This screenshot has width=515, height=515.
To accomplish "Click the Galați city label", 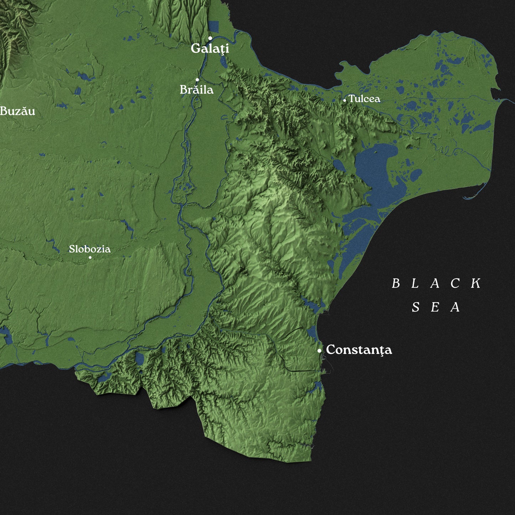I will pos(210,48).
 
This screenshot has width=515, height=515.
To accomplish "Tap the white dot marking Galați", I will pos(210,38).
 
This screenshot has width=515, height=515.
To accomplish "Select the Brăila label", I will pos(196,89).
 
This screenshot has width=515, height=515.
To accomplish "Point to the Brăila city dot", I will pos(197,79).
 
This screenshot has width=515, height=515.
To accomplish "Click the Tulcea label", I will pos(364,99).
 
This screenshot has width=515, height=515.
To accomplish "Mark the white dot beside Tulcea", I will pos(344,101).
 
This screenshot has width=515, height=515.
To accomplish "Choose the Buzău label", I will pos(17,111).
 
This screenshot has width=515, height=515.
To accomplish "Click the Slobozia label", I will pos(89,249).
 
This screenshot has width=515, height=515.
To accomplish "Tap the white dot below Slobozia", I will pos(90,257).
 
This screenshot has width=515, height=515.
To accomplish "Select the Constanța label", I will pos(359,350).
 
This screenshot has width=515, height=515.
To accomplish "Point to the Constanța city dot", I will pos(319,351).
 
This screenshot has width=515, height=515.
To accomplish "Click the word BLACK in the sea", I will pos(436,284).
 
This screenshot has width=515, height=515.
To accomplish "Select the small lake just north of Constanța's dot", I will pos(311,333).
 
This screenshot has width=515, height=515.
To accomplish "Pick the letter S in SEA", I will pos(416,307).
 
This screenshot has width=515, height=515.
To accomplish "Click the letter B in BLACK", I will pos(396,284).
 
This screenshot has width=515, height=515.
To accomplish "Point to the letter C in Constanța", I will pos(331,350).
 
